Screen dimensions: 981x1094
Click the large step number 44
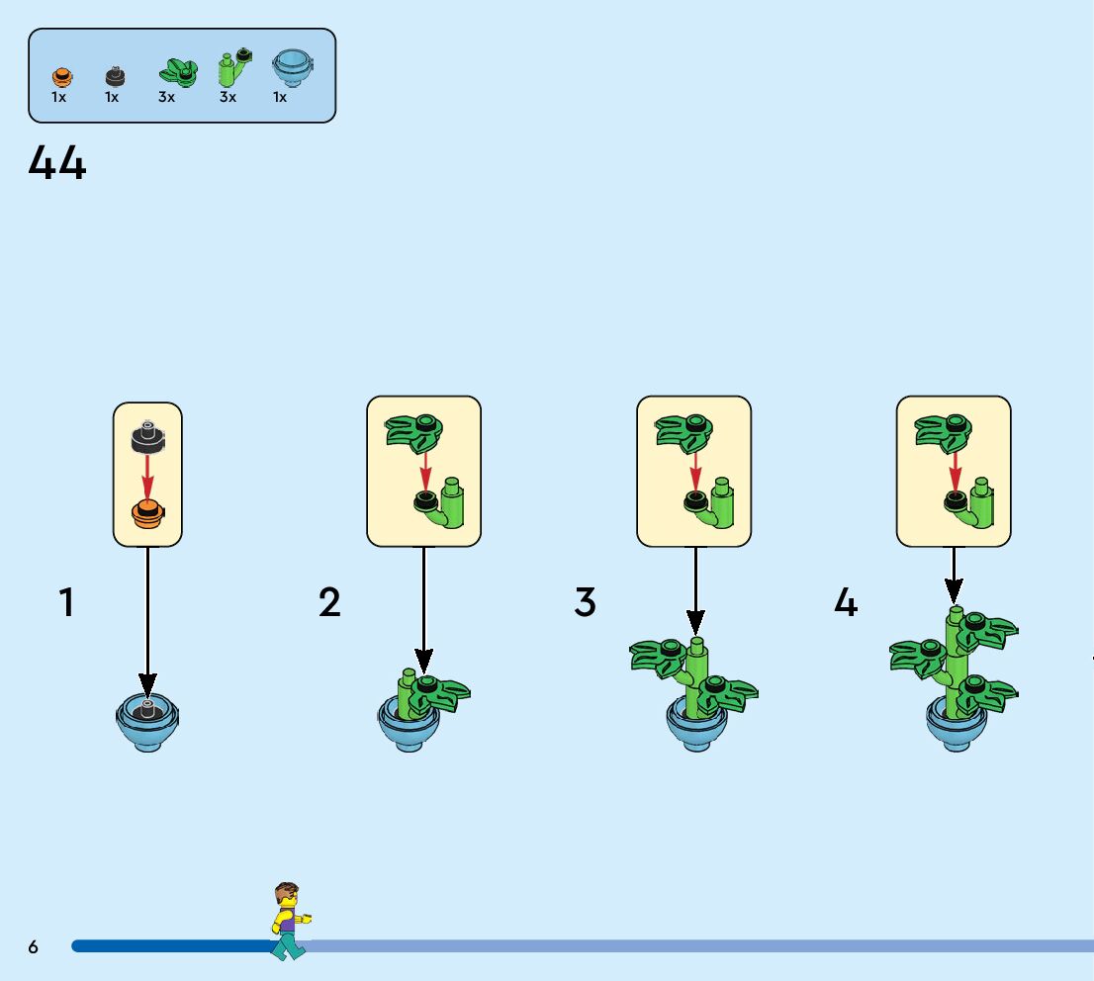(57, 163)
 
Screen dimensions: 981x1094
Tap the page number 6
(34, 947)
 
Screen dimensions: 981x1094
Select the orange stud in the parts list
(60, 75)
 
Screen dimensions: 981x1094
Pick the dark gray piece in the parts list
(115, 75)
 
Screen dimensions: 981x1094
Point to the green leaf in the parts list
(177, 72)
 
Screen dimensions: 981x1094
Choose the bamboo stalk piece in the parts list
(233, 69)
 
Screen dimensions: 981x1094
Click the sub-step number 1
(66, 603)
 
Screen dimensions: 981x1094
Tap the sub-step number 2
(329, 603)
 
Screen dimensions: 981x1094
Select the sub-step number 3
(586, 603)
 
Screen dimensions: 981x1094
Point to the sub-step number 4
(846, 603)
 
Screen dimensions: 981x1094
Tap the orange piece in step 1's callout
(147, 514)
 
